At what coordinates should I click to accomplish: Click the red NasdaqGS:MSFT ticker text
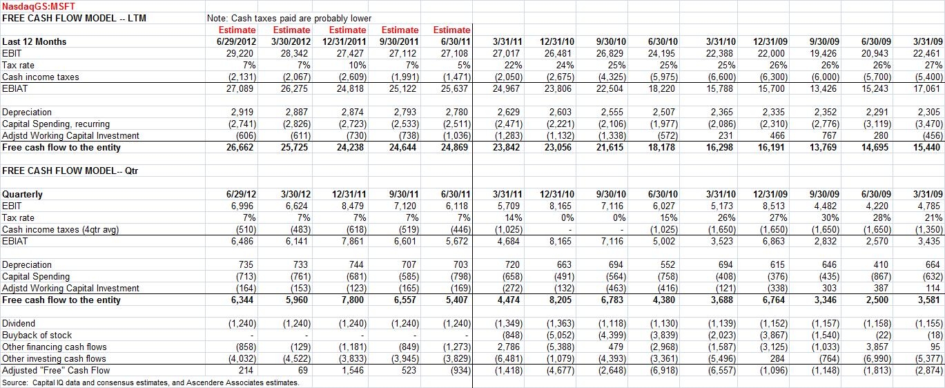[x=39, y=6]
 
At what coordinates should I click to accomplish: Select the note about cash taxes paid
[x=289, y=18]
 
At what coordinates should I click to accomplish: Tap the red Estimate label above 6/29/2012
[x=237, y=30]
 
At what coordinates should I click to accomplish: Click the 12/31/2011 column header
[x=345, y=41]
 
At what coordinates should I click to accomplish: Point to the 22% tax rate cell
[x=513, y=66]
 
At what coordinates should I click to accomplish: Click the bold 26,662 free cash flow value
[x=240, y=147]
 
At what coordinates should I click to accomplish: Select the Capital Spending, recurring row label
[x=56, y=124]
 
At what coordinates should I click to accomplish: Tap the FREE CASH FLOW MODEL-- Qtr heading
[x=70, y=171]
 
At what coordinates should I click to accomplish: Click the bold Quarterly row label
[x=22, y=195]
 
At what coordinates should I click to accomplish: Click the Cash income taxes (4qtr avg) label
[x=60, y=230]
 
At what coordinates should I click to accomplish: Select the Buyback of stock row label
[x=37, y=336]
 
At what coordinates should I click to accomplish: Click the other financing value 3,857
[x=879, y=347]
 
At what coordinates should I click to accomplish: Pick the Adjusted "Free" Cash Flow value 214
[x=246, y=370]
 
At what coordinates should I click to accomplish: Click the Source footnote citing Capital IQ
[x=150, y=382]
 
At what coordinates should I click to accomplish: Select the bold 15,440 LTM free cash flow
[x=926, y=147]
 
